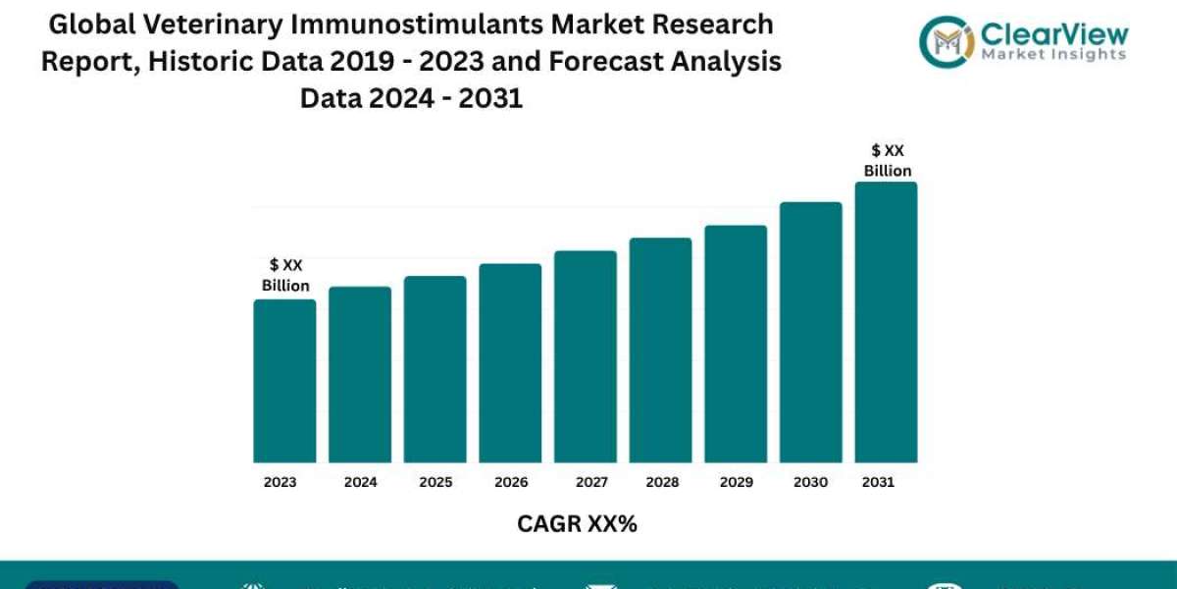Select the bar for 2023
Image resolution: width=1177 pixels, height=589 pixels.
click(284, 381)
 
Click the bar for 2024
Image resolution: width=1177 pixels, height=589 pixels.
click(360, 374)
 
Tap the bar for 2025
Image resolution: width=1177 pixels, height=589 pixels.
click(435, 369)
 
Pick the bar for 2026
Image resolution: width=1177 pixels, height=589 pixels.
click(510, 363)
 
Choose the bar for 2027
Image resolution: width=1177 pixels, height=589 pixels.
click(586, 356)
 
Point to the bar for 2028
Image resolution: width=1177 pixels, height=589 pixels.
click(660, 350)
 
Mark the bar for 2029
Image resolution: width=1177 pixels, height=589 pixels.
click(736, 344)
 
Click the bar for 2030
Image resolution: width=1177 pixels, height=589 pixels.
click(811, 332)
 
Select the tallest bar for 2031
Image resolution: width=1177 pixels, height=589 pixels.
click(886, 322)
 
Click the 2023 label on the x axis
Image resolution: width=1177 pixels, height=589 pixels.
click(280, 482)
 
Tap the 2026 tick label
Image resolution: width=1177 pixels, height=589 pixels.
click(511, 482)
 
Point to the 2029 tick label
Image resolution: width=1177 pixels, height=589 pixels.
click(736, 482)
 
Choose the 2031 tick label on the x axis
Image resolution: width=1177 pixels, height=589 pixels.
click(878, 482)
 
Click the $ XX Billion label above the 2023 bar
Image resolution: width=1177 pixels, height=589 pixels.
click(285, 276)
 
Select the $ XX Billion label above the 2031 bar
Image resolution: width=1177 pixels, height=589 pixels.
click(888, 160)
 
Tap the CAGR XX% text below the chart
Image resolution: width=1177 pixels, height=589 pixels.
click(577, 524)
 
